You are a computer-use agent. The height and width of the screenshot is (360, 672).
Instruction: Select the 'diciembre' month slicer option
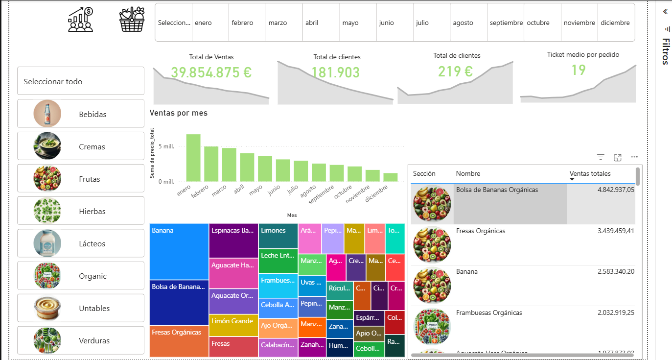pyautogui.click(x=616, y=23)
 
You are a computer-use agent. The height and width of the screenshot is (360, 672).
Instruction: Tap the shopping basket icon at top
pyautogui.click(x=132, y=20)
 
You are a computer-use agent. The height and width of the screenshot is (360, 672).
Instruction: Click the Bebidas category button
pyautogui.click(x=81, y=114)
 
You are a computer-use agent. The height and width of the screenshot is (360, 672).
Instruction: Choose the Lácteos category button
pyautogui.click(x=81, y=243)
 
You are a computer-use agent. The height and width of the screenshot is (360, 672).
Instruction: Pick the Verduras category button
pyautogui.click(x=81, y=340)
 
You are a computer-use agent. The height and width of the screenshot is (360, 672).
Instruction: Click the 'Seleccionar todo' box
pyautogui.click(x=81, y=81)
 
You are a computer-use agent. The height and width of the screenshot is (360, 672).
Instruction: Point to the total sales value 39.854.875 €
pyautogui.click(x=211, y=72)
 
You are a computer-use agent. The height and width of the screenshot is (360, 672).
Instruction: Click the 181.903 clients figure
pyautogui.click(x=335, y=72)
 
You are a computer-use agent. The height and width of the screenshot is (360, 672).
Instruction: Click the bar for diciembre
pyautogui.click(x=390, y=177)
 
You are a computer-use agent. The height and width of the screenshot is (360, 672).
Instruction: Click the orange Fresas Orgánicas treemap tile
pyautogui.click(x=179, y=341)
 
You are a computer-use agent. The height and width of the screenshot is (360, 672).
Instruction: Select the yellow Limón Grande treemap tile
pyautogui.click(x=233, y=325)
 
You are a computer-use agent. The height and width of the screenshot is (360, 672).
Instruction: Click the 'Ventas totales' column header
pyautogui.click(x=590, y=173)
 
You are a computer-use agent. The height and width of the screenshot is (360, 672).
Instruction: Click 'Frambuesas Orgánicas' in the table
pyautogui.click(x=489, y=312)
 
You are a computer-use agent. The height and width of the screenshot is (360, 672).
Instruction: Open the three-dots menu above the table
pyautogui.click(x=634, y=157)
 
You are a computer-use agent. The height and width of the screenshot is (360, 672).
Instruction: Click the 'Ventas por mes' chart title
pyautogui.click(x=179, y=113)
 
